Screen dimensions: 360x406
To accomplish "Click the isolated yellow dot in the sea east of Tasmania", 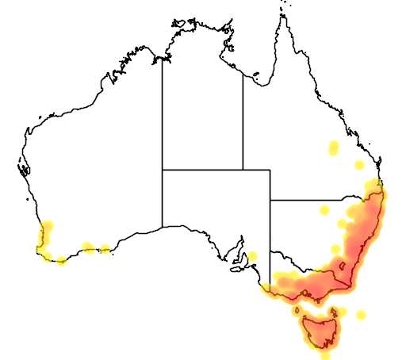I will tap(362, 315).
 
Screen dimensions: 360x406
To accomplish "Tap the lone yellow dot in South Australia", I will tap(252, 256).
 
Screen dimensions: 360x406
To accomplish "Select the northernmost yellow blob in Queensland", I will tap(334, 147).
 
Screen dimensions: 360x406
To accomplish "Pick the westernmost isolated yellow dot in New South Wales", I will tap(324, 210).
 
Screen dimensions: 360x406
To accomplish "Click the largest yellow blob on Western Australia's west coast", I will tap(46, 232).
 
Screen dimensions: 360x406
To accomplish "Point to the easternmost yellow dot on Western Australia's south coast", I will tap(105, 250).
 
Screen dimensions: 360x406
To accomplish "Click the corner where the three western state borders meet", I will tap(163, 169).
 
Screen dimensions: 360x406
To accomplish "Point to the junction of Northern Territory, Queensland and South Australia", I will tap(243, 169).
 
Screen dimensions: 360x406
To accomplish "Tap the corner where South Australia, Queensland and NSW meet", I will tap(270, 200).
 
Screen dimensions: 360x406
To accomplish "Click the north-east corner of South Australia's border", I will tap(270, 169).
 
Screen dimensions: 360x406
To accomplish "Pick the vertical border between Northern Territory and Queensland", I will tap(243, 119).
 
